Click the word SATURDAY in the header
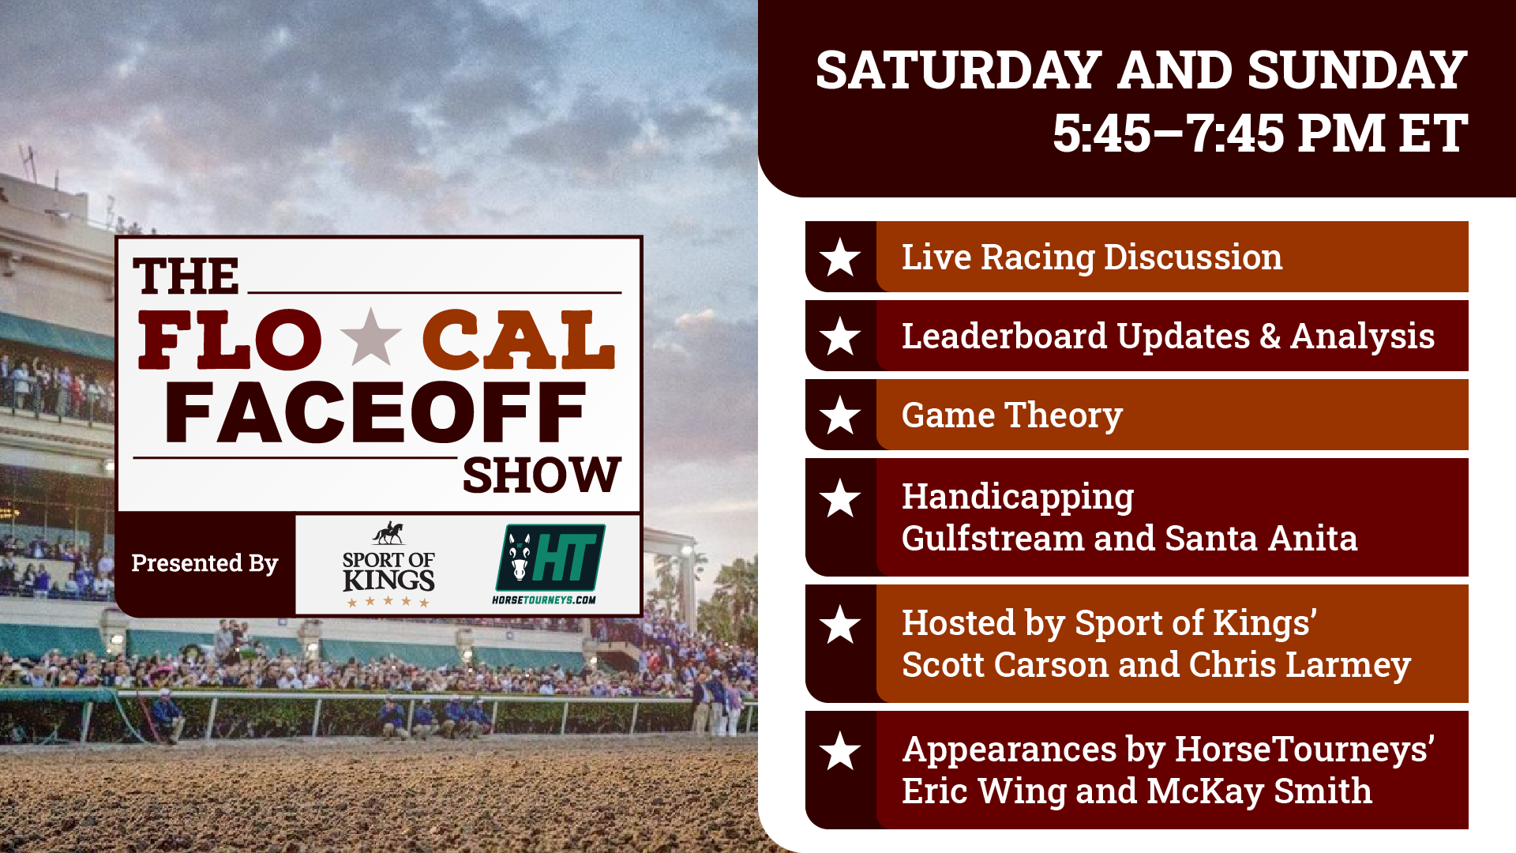(958, 71)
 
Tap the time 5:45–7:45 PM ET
(1259, 133)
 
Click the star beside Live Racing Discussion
(840, 257)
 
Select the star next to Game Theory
(840, 415)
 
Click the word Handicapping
(1018, 498)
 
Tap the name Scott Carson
(1005, 665)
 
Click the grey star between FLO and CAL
(371, 337)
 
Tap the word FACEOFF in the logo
(376, 412)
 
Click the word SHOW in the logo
(542, 475)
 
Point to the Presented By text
(205, 563)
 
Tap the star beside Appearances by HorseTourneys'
(840, 751)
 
